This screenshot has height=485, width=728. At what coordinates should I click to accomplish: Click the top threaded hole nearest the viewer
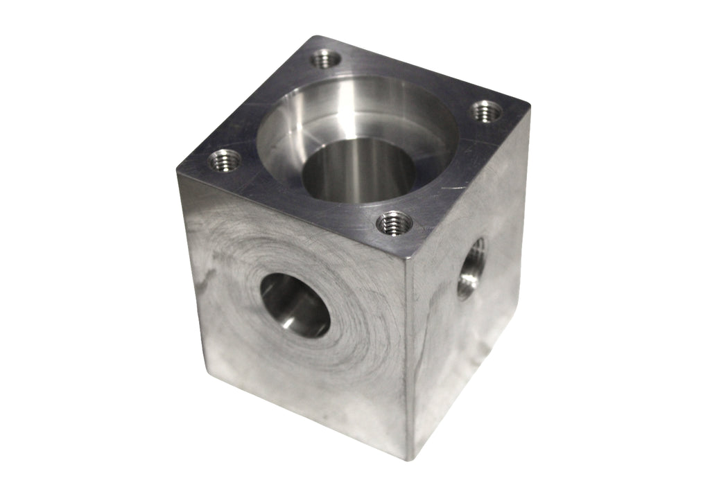click(x=394, y=223)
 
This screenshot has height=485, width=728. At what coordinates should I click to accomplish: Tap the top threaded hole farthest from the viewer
click(x=325, y=60)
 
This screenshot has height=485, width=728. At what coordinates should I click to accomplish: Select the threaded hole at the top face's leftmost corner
click(x=225, y=161)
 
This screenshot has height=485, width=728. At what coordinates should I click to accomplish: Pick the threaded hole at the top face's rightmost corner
click(x=487, y=110)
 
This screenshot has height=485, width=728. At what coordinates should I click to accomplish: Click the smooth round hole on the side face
click(x=295, y=305)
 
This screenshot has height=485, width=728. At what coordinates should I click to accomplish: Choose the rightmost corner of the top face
click(x=530, y=106)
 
